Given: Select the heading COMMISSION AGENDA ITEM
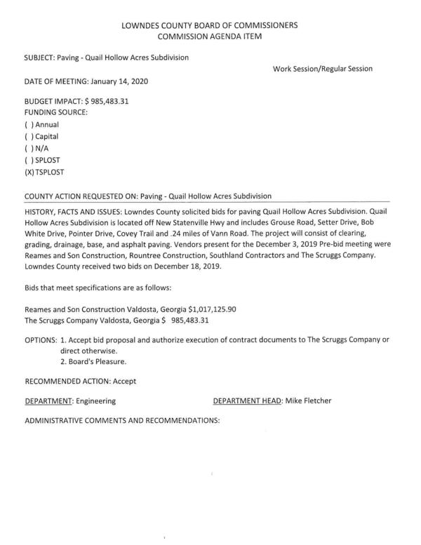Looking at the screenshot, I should pos(210,37).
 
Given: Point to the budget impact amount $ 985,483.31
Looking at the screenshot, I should pos(106,101).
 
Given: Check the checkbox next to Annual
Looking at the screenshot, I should pos(29,123).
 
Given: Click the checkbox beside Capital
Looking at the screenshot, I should pos(29,136).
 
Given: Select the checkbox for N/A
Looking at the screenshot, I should pos(29,149).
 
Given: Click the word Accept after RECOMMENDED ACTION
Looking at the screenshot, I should pos(122,381).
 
